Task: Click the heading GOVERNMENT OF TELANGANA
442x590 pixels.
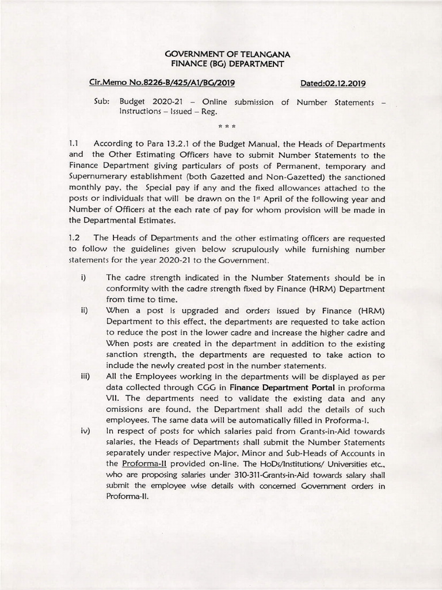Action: point(224,54)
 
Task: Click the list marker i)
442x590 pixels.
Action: point(83,278)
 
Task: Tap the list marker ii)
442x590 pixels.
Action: point(84,311)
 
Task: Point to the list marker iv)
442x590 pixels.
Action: point(85,432)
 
